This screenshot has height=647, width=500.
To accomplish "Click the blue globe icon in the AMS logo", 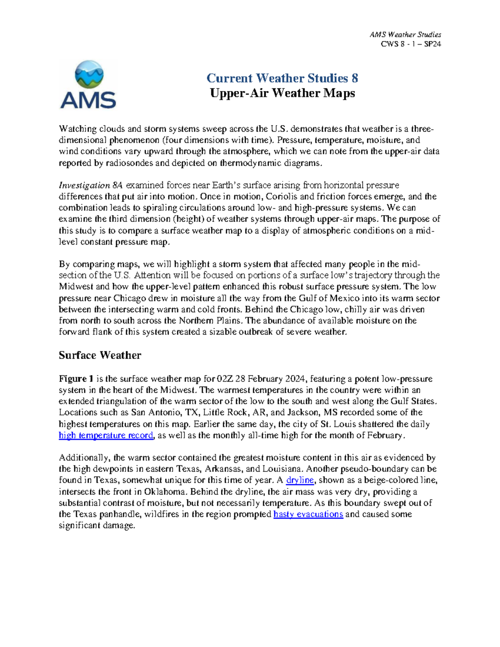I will (89, 75).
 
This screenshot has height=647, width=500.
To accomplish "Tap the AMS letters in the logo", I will (88, 100).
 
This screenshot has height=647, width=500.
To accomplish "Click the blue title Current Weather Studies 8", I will (282, 78).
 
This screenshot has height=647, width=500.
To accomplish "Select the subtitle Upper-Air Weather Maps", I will (282, 93).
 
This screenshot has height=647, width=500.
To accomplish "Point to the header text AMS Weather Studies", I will (405, 35).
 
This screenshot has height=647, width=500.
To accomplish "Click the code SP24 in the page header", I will (432, 44).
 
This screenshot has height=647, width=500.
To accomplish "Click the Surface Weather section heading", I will (100, 355).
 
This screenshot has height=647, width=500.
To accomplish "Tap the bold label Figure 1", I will (76, 379).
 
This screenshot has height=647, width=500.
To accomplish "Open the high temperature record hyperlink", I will (106, 436).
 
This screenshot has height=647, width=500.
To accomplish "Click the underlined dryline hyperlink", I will (300, 480).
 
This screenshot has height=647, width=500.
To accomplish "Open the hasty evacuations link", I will (308, 515).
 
